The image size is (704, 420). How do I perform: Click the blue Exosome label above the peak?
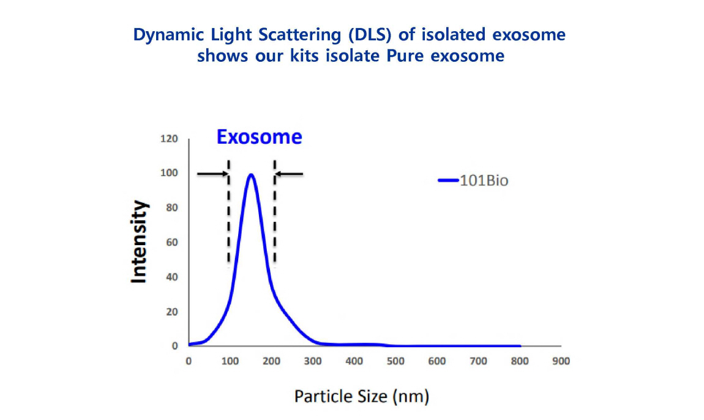pyautogui.click(x=259, y=138)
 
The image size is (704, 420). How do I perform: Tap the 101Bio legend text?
pyautogui.click(x=484, y=181)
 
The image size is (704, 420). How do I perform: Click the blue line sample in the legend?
pyautogui.click(x=448, y=180)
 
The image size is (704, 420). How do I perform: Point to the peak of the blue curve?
pyautogui.click(x=250, y=175)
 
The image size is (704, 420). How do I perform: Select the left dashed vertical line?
pyautogui.click(x=228, y=214)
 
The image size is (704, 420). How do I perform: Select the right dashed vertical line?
pyautogui.click(x=274, y=214)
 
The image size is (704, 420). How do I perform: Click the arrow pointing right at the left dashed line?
pyautogui.click(x=212, y=174)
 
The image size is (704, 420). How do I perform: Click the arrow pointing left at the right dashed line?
pyautogui.click(x=290, y=174)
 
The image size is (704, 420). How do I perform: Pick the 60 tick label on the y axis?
pyautogui.click(x=173, y=243)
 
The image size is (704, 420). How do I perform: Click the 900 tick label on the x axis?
pyautogui.click(x=560, y=361)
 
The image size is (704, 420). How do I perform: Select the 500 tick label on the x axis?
pyautogui.click(x=395, y=361)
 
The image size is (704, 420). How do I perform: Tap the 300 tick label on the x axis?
pyautogui.click(x=312, y=361)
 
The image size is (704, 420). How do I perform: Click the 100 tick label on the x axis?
pyautogui.click(x=230, y=361)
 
